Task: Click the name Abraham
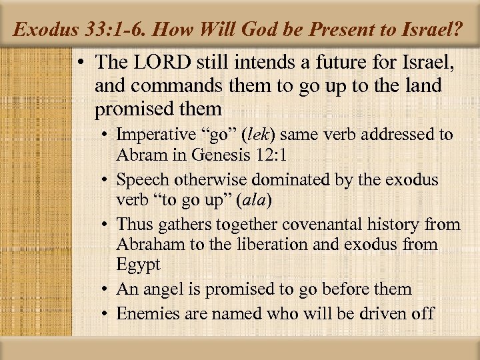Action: (x=150, y=244)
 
